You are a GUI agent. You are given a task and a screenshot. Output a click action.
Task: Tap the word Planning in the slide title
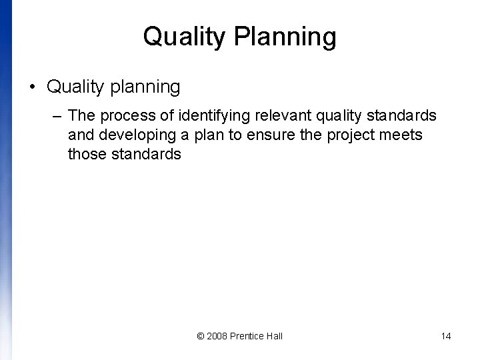click(x=286, y=37)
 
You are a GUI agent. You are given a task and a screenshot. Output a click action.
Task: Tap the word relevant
click(x=281, y=116)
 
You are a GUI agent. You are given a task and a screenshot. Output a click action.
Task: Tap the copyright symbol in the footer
click(x=201, y=336)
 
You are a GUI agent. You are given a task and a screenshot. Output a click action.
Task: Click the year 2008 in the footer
click(x=217, y=336)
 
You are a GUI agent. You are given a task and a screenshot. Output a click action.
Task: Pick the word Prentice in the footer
click(x=248, y=336)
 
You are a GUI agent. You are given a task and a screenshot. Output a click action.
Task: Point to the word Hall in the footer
click(x=275, y=336)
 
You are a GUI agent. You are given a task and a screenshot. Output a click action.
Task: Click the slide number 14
click(x=446, y=336)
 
